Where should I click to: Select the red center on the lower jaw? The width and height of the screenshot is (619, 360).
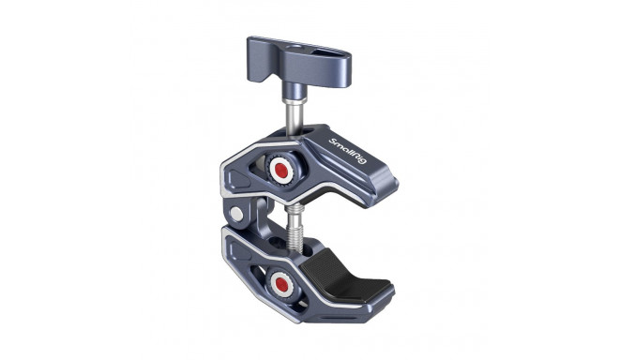pyautogui.click(x=280, y=282)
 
